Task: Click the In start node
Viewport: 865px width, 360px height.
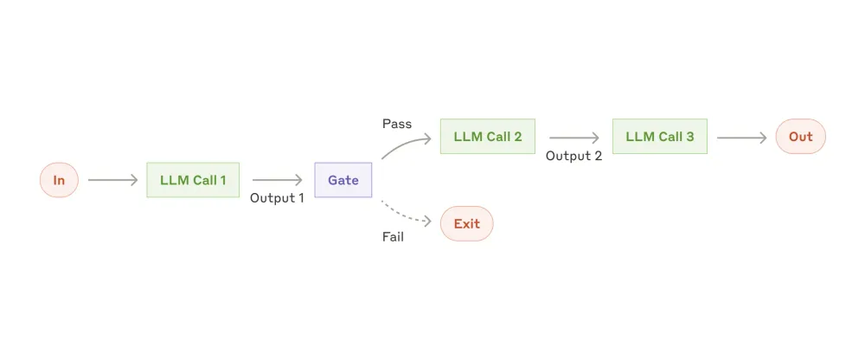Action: pos(59,180)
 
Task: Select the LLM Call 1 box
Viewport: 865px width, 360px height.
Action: pos(193,180)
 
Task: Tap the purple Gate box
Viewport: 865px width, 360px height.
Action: pos(343,180)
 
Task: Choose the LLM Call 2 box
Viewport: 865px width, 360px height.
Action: pos(487,137)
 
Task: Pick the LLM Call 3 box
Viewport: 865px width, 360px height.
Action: pos(659,137)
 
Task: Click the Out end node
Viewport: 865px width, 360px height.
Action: pos(800,137)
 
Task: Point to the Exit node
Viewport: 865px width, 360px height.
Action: pos(466,223)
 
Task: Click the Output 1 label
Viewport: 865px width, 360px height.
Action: pos(277,198)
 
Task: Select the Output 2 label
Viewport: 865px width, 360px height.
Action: pos(573,156)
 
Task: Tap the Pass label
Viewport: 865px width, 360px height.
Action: pos(397,124)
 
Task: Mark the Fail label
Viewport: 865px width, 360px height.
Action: pos(393,236)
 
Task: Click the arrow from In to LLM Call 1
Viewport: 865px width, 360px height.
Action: pos(112,180)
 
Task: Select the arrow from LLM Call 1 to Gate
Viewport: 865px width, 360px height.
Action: pos(277,180)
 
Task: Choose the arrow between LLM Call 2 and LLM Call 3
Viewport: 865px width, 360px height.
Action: pos(573,137)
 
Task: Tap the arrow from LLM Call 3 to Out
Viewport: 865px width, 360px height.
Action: pos(741,137)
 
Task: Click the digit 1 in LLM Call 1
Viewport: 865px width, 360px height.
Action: pos(222,180)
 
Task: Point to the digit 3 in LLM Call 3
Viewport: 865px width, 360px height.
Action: pos(689,137)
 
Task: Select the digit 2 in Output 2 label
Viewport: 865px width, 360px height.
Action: pos(598,156)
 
